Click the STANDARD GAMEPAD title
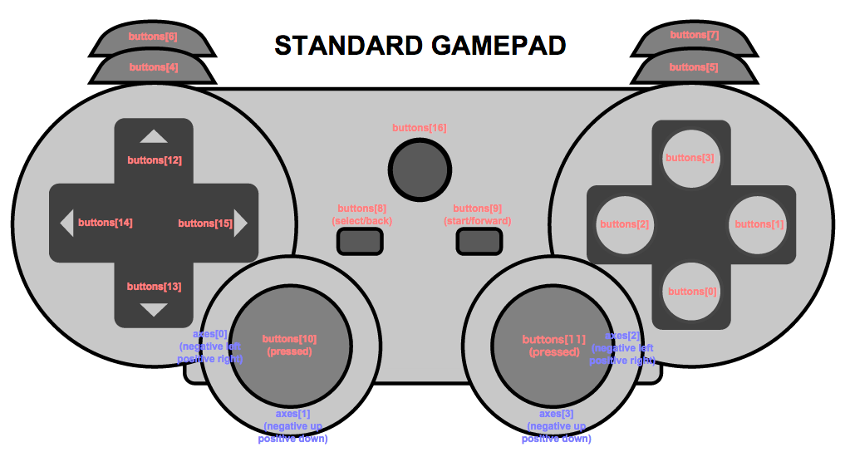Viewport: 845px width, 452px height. click(x=420, y=46)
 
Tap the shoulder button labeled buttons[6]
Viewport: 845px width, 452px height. click(x=152, y=37)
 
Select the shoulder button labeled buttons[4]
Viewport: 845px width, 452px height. click(x=153, y=67)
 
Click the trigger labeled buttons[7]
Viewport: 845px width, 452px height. click(x=695, y=37)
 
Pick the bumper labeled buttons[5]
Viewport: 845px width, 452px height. click(x=694, y=67)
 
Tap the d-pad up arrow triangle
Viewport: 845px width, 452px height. click(x=154, y=137)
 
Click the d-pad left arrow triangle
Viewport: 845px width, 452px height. click(x=67, y=224)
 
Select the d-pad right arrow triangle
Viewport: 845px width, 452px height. click(x=241, y=224)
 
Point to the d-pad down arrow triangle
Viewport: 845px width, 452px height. click(x=154, y=310)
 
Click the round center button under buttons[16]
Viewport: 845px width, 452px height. click(x=420, y=169)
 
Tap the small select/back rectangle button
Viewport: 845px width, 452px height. click(x=360, y=241)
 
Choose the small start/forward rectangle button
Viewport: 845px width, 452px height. click(x=479, y=241)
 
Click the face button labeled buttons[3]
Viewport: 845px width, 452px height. click(x=690, y=158)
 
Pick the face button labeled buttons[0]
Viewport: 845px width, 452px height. click(x=690, y=291)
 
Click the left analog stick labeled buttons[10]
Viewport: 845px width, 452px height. click(x=288, y=346)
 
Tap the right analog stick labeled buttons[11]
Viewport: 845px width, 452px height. click(x=552, y=346)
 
